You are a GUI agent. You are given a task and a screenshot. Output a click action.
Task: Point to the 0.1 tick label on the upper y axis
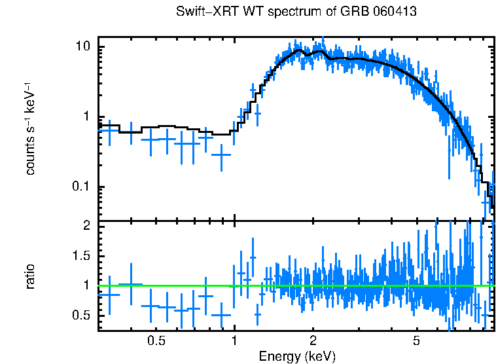coord(80,187)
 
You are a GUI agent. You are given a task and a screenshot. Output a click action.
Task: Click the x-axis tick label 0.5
coord(156,341)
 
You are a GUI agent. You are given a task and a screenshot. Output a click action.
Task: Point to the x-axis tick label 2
coord(313,341)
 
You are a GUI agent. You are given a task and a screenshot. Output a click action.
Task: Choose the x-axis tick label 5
coord(417,341)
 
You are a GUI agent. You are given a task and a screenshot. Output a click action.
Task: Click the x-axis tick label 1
coord(235,341)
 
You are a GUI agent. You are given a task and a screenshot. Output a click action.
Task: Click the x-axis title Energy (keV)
coord(297,356)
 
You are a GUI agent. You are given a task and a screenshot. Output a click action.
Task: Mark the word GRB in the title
coord(348,12)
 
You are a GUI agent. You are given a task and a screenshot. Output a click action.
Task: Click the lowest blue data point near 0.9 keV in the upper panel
coord(222,155)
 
